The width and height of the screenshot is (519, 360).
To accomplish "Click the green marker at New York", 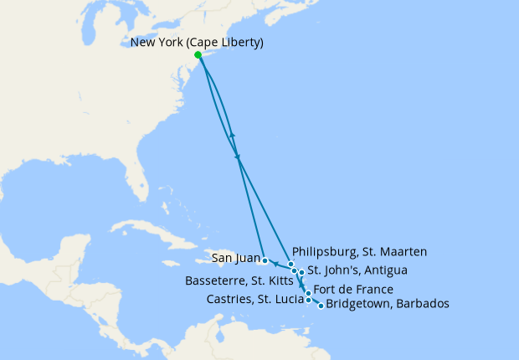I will [198, 55].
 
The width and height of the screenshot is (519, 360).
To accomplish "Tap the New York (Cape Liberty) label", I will [197, 43].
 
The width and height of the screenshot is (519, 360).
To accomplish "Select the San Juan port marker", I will [265, 260].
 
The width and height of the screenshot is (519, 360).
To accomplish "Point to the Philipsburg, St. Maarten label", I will [360, 250].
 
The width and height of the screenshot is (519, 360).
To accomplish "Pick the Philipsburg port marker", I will [291, 264].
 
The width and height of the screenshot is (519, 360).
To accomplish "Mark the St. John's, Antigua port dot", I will [301, 272].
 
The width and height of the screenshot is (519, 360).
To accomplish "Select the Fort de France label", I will [357, 290].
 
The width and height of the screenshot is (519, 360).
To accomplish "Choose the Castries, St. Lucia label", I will [256, 300].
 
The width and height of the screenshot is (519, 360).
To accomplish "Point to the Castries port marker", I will [308, 300].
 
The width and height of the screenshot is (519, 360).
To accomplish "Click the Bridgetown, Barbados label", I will [388, 304].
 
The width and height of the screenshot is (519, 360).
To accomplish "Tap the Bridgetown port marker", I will [321, 306].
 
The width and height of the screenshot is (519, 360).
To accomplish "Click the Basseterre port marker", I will [294, 271].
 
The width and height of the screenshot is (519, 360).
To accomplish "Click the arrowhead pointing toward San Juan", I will [275, 264].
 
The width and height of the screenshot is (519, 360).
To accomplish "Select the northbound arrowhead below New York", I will [233, 135].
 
